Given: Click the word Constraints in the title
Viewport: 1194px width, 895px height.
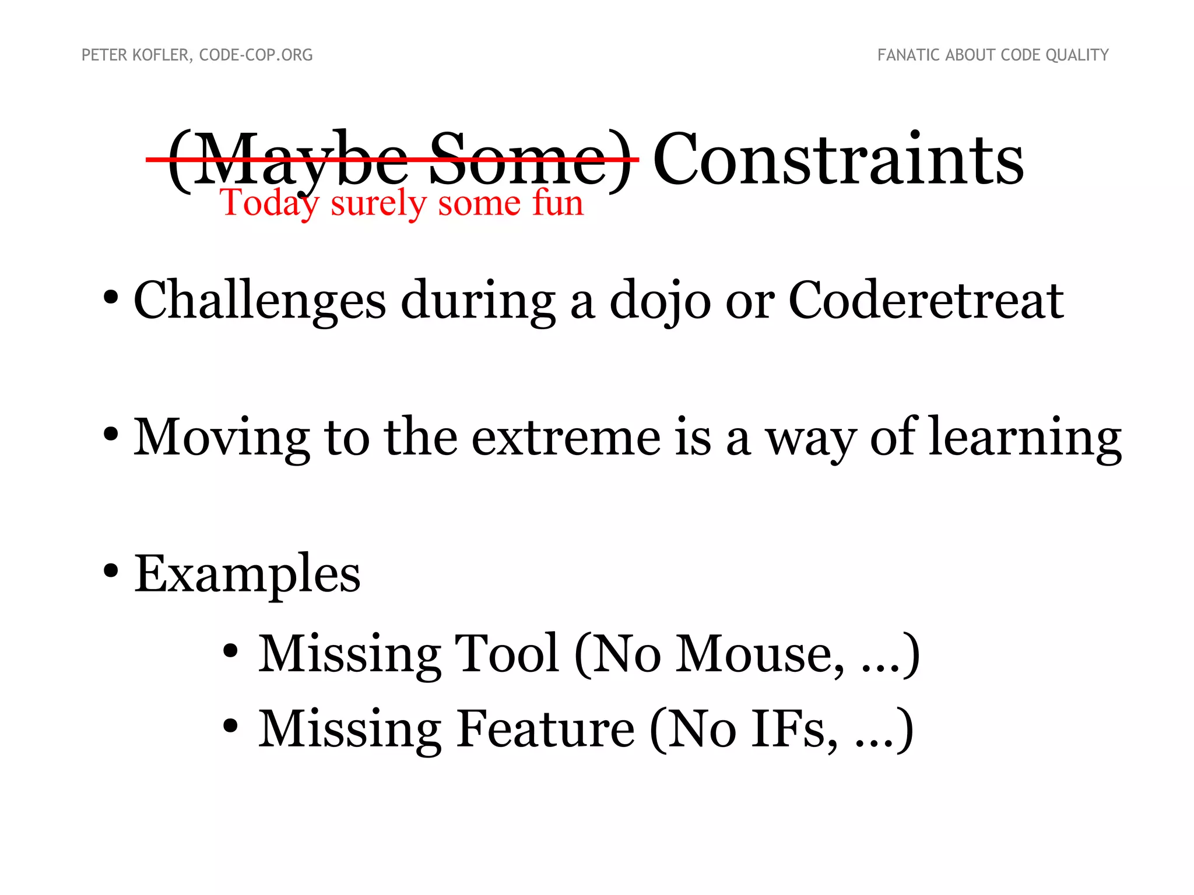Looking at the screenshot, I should click(838, 159).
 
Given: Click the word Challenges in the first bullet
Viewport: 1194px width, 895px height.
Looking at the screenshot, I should click(259, 301).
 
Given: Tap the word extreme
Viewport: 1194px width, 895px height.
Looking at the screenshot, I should click(566, 437).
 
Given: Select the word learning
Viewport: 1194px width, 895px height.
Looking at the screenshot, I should click(1025, 438).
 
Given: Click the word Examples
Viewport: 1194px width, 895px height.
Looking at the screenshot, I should click(247, 575).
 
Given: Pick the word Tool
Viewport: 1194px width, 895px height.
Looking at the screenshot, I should click(507, 654).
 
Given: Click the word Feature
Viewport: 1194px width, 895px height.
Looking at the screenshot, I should click(545, 729).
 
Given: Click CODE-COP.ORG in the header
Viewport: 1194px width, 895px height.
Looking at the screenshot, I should click(256, 55).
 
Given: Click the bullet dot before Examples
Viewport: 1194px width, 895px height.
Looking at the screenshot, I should click(111, 571).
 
